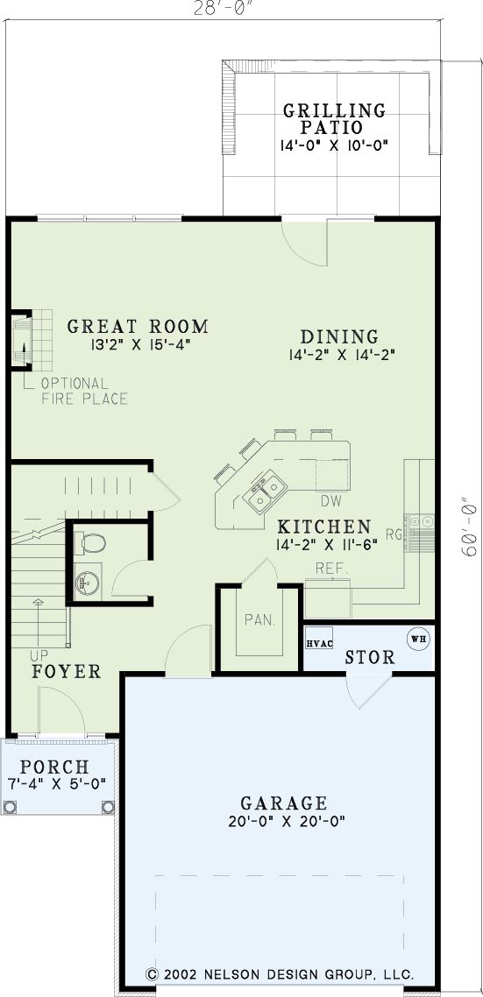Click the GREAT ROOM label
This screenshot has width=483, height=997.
[138, 327]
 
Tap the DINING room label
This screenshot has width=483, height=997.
[339, 336]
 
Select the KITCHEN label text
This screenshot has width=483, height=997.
[324, 527]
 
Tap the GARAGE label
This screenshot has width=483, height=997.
[283, 803]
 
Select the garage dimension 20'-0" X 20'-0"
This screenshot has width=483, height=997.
[287, 821]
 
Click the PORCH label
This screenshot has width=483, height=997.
[54, 767]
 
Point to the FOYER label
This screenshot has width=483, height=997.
[66, 671]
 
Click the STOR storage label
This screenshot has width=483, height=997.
[370, 657]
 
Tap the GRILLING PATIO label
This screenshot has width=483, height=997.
[334, 118]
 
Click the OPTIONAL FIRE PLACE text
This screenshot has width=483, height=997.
[84, 391]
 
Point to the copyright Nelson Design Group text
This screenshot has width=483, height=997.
[280, 973]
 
